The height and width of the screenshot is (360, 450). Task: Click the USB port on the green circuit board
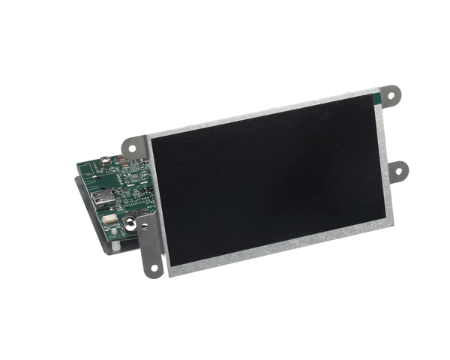click(102, 199)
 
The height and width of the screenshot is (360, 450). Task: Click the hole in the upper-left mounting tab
click(133, 148)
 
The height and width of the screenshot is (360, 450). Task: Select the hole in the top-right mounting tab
click(391, 95)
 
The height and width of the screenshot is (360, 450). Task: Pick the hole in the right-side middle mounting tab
click(397, 172)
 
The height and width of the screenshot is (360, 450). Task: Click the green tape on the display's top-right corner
click(378, 95)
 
